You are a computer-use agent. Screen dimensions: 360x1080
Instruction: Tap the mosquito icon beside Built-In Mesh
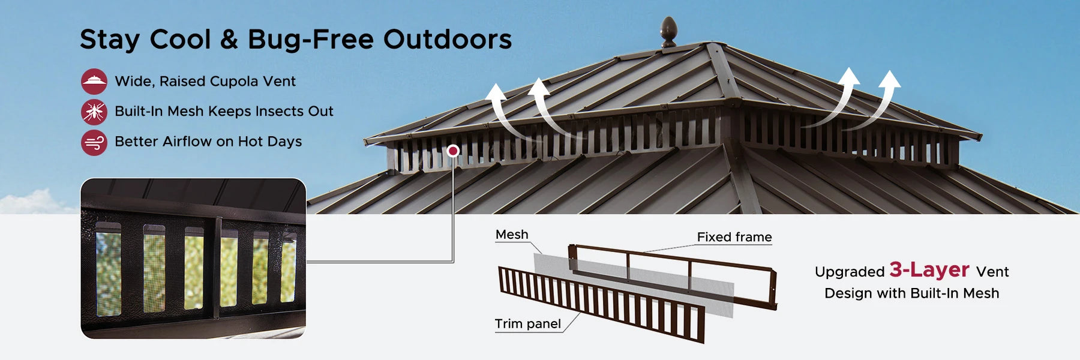point(94,112)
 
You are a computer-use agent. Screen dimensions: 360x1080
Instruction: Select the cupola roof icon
point(94,82)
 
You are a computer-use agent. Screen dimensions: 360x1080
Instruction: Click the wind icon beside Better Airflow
point(94,143)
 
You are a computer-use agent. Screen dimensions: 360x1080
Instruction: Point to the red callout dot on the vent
point(454,151)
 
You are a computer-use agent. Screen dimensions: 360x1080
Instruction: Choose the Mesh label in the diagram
point(512,235)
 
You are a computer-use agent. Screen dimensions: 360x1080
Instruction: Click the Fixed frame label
point(734,237)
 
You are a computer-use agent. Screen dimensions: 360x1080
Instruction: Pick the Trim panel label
point(527,324)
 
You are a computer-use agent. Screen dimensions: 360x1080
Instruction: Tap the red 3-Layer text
point(929,270)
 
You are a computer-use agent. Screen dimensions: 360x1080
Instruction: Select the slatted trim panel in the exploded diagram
point(600,304)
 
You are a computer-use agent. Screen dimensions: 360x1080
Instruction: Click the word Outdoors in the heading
point(448,40)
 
